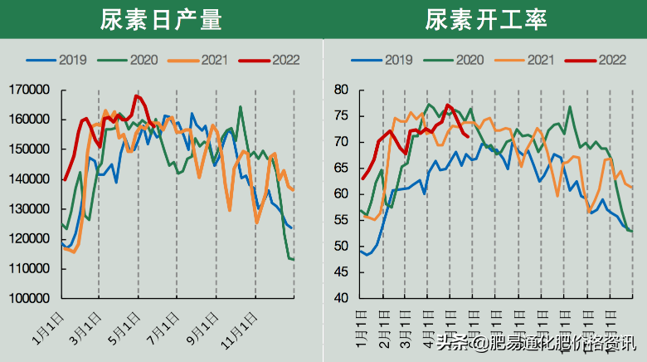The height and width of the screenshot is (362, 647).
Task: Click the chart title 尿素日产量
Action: (x=162, y=19)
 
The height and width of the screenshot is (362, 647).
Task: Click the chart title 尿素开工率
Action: (x=485, y=19)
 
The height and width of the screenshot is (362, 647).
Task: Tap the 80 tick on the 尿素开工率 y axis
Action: (x=342, y=90)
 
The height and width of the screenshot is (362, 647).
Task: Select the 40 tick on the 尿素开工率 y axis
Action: (x=342, y=298)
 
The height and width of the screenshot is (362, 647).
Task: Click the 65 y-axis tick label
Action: (x=342, y=168)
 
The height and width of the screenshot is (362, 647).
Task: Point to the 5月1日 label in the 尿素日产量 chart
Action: (x=124, y=327)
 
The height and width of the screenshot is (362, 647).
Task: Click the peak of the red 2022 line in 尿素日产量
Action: (x=136, y=95)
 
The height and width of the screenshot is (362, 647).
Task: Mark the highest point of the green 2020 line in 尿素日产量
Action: (x=241, y=106)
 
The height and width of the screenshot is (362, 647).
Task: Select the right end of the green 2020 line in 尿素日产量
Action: (x=293, y=259)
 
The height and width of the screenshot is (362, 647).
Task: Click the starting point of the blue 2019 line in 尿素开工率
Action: (x=361, y=251)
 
